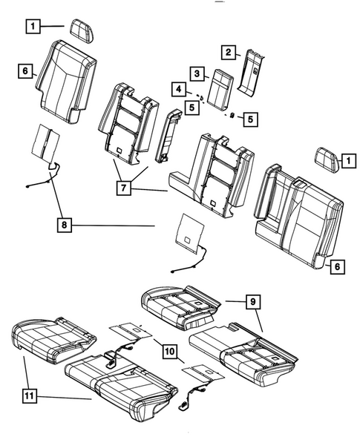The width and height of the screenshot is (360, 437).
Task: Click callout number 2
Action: pos(229,52)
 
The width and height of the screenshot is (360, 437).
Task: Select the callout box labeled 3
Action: pos(197,74)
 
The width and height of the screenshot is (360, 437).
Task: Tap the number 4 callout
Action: pos(178,90)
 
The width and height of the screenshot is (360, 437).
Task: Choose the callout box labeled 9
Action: pos(253,301)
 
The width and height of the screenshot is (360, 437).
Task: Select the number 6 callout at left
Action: pos(25,71)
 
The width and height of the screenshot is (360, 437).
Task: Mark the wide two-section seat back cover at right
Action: pos(297,215)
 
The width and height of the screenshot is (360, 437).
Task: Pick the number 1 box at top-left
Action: pos(33,27)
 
